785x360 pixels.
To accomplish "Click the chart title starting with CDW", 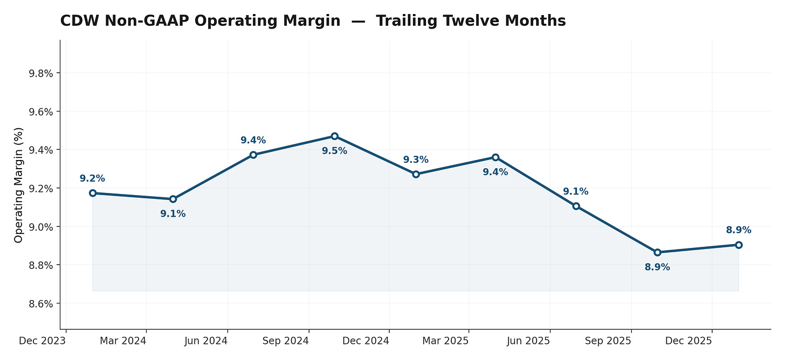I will (x=313, y=21).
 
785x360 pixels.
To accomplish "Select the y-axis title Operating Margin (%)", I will (x=19, y=185).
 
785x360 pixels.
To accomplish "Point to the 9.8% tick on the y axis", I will (x=40, y=73).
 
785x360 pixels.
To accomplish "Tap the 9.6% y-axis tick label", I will (x=40, y=112).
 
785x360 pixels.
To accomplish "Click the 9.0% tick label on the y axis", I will (x=40, y=227).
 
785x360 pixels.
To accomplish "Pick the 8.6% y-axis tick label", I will (x=40, y=303).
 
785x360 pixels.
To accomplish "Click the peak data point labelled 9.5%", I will (x=335, y=136).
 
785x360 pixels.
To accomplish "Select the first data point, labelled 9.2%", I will (x=93, y=193).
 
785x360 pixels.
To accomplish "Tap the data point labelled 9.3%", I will (x=416, y=174).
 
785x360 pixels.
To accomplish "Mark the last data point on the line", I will (x=739, y=245).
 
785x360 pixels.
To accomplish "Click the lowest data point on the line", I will (x=657, y=252).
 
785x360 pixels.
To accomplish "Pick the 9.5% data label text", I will (x=335, y=151).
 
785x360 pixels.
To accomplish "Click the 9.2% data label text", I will (x=92, y=178).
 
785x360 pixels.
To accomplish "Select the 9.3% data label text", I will (x=416, y=160).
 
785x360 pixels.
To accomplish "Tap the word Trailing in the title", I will (x=405, y=21).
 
